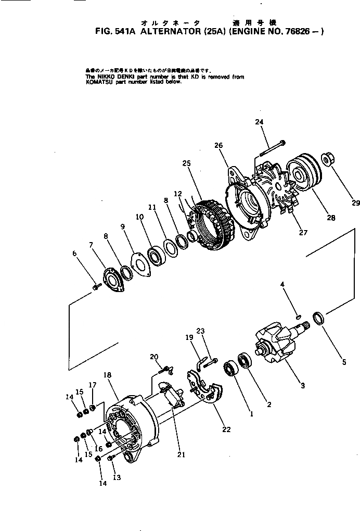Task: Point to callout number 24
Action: [259, 122]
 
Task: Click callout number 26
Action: [218, 146]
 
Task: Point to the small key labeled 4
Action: [297, 314]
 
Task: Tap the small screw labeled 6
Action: [95, 286]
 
